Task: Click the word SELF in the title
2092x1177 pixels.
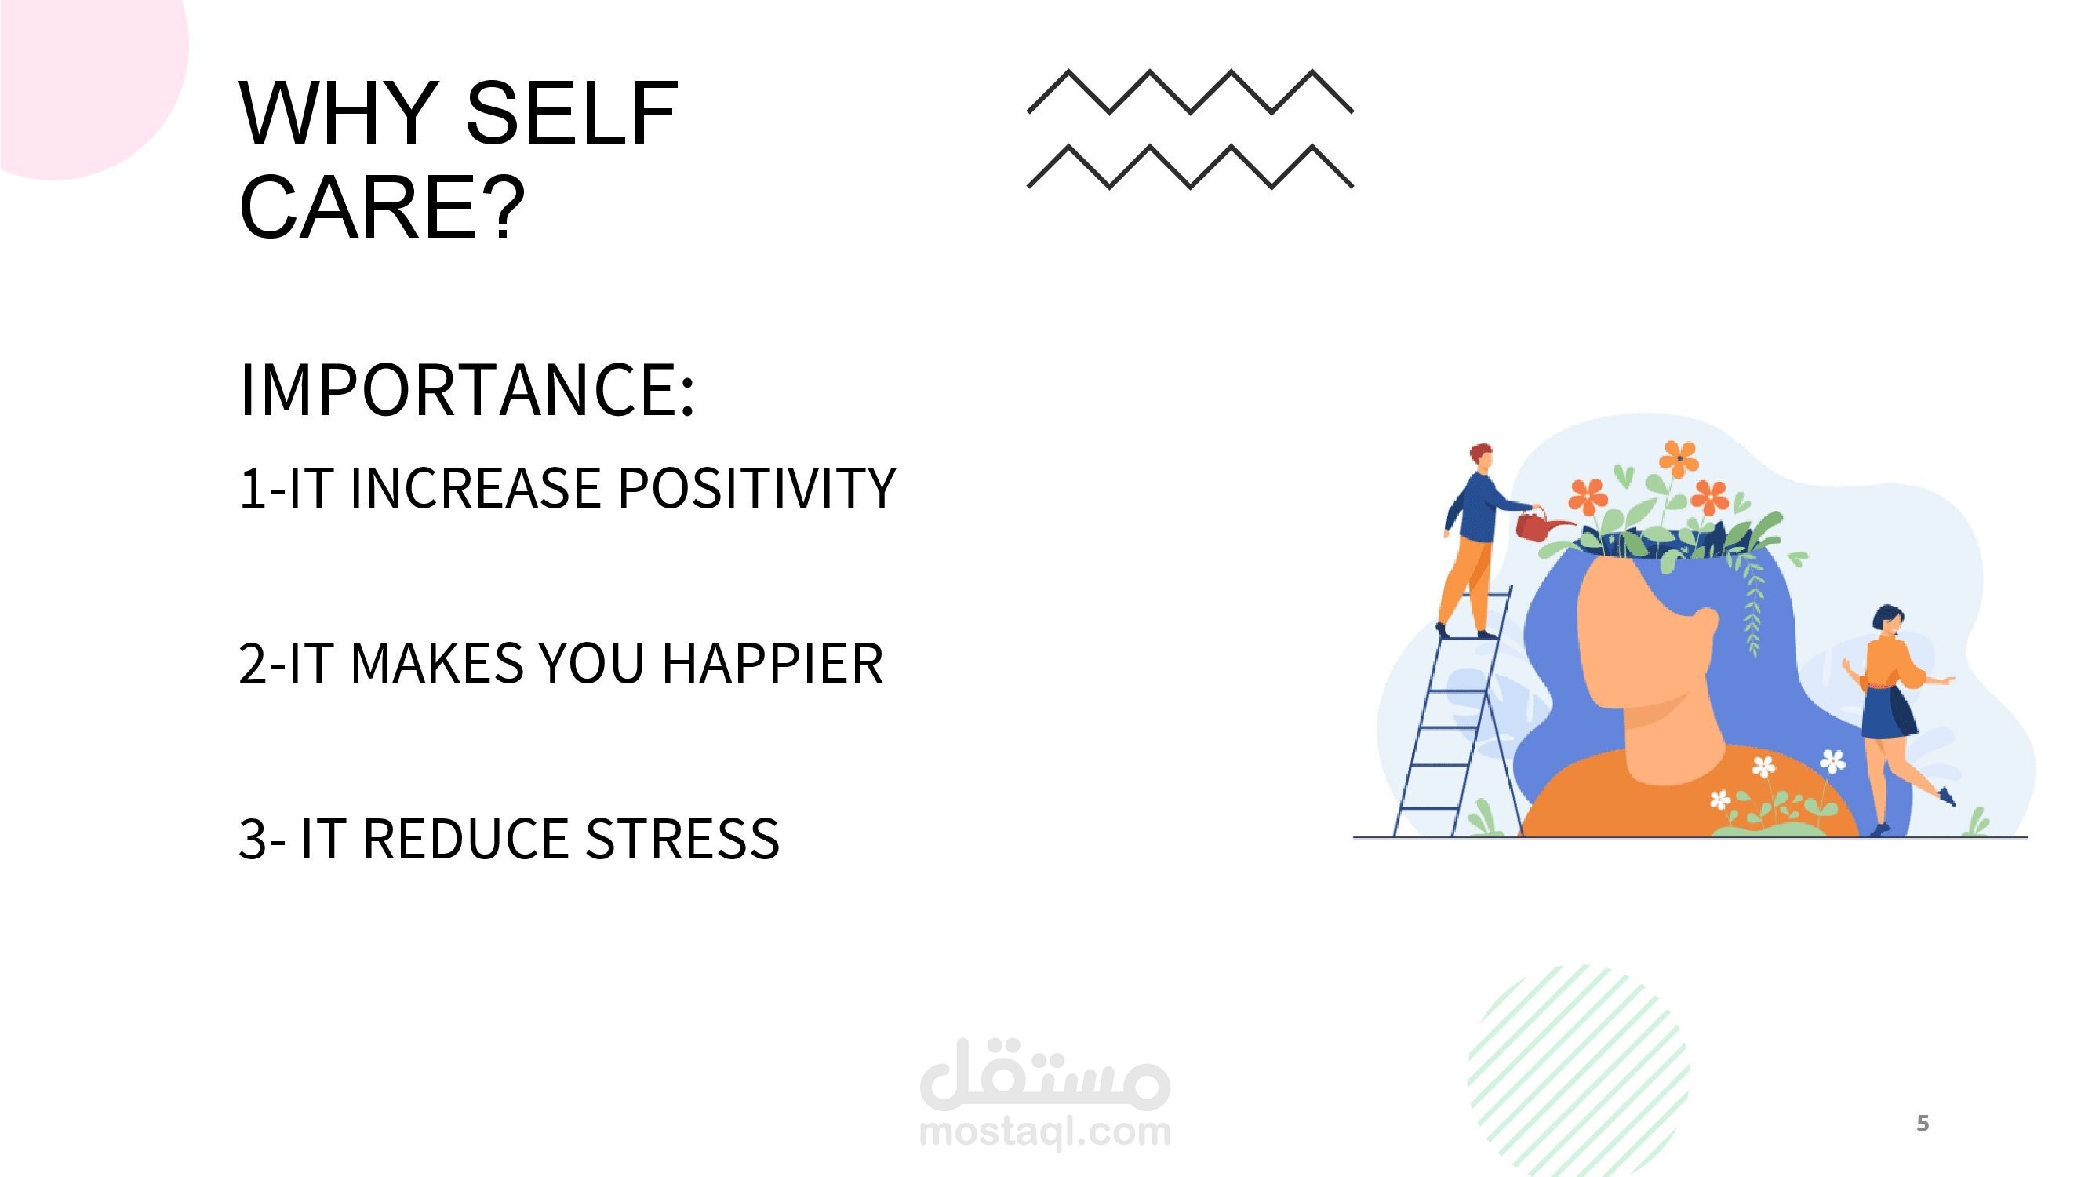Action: [x=571, y=113]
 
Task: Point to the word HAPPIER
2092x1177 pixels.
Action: [x=773, y=663]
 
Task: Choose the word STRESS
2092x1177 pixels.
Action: [x=682, y=838]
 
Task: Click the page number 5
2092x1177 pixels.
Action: [x=1923, y=1124]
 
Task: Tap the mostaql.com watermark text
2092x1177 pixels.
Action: [x=1045, y=1131]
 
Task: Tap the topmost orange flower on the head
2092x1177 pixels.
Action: [x=1679, y=459]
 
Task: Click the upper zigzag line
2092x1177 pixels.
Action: [x=1191, y=91]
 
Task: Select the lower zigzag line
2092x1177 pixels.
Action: [x=1191, y=166]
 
